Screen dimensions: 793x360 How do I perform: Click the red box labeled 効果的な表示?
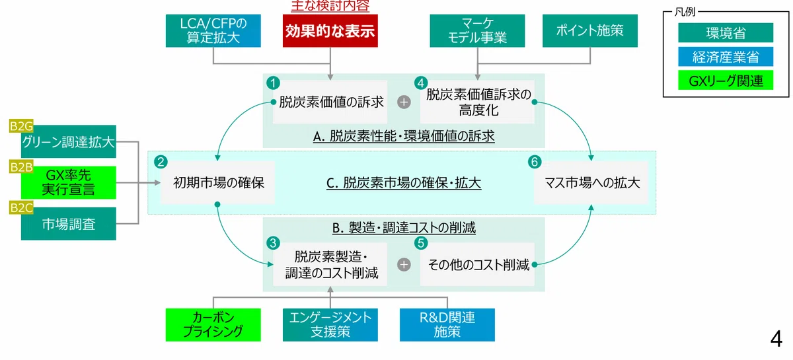tap(330, 31)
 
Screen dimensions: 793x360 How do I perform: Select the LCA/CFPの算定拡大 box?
tap(213, 31)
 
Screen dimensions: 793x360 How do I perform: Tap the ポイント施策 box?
tap(589, 31)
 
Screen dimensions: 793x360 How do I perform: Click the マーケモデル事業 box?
tap(477, 31)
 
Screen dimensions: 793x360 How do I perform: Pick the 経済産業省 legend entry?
tap(726, 57)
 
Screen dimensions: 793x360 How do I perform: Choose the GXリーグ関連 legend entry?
tap(726, 81)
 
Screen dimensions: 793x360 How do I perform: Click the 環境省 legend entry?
tap(726, 32)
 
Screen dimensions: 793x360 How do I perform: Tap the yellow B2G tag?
tap(21, 126)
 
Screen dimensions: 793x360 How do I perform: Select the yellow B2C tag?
tap(21, 208)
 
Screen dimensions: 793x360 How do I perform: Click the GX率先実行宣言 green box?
tap(68, 183)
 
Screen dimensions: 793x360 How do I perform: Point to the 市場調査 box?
tap(68, 224)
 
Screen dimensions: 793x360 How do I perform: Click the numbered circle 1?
tap(273, 83)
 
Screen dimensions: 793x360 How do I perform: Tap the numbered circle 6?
tap(535, 162)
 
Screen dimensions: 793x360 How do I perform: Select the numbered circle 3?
tap(273, 243)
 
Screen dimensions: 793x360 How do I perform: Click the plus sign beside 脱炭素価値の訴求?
tap(404, 102)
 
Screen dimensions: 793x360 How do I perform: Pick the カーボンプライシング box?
tap(213, 325)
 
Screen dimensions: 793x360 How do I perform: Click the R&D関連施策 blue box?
tap(447, 325)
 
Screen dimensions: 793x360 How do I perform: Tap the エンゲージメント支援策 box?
tap(330, 325)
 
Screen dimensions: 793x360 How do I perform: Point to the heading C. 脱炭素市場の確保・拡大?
tap(404, 183)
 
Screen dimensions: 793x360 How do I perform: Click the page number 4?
tap(776, 339)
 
